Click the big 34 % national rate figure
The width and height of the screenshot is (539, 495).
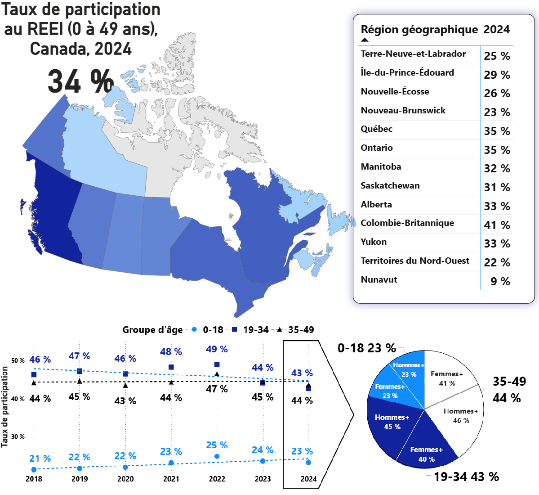point(80,81)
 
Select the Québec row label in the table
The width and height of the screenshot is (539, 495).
point(377,129)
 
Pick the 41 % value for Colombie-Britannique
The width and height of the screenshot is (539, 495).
point(497,225)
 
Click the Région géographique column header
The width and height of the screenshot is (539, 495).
point(419,30)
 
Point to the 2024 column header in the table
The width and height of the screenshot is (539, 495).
point(497,30)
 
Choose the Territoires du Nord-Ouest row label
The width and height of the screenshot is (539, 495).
point(415,261)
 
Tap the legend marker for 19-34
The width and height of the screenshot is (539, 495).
point(235,329)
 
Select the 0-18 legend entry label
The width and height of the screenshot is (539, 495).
point(213,330)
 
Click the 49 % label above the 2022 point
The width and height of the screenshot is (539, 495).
point(217,349)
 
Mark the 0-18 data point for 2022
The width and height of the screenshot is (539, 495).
point(217,456)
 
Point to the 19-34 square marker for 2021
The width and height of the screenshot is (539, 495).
point(171,367)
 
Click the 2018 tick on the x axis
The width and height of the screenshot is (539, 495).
point(34,479)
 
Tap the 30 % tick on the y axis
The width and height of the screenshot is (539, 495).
point(18,437)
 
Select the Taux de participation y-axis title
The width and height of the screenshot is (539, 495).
point(5,407)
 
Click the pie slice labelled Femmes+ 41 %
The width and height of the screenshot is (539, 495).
point(447,378)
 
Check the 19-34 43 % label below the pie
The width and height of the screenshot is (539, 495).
point(466,477)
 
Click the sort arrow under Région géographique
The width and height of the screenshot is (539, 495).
point(365,40)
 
